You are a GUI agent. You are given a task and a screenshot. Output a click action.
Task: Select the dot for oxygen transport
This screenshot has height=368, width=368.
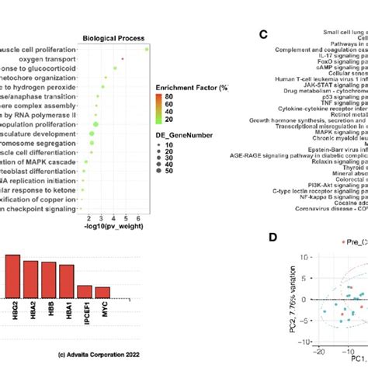point(123,59)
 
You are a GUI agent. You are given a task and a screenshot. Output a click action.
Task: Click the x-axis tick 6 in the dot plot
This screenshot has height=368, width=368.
point(137,194)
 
